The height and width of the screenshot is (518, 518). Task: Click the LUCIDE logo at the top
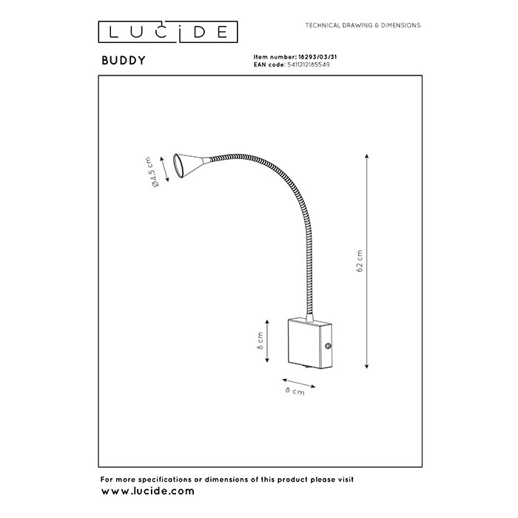point(169,32)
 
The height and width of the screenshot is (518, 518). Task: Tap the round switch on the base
point(328,346)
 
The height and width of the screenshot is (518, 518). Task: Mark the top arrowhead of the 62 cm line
point(369,155)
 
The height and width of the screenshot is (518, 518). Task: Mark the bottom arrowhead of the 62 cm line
point(369,364)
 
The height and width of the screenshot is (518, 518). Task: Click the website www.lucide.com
point(147,491)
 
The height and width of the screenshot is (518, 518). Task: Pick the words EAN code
point(268,64)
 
